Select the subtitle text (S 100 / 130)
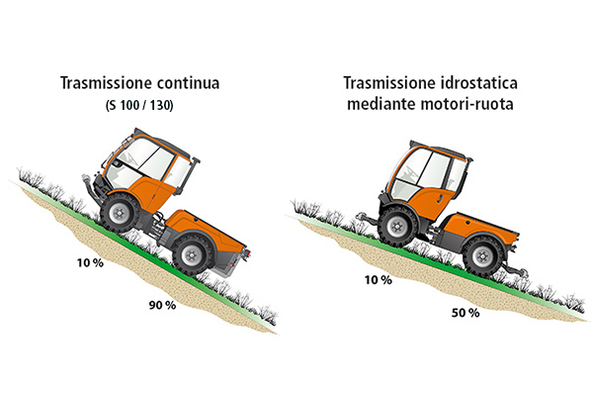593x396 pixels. point(139,105)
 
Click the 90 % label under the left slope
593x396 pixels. point(162,305)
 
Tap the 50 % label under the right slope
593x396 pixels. point(466,313)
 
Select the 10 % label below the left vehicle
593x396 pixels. point(90,262)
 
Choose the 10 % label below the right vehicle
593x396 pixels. point(379,280)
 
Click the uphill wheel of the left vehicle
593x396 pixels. point(120,213)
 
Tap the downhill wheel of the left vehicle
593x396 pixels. point(193,255)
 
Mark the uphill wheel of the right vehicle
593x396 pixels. point(398,227)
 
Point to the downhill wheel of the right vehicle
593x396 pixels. point(483,255)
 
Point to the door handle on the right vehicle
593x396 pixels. point(440,199)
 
